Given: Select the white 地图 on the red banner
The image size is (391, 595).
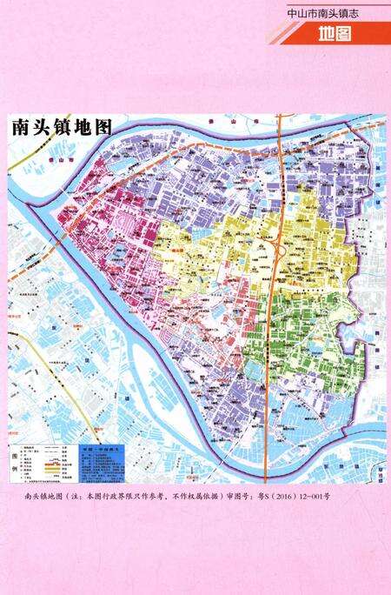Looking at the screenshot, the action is coord(334,35).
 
